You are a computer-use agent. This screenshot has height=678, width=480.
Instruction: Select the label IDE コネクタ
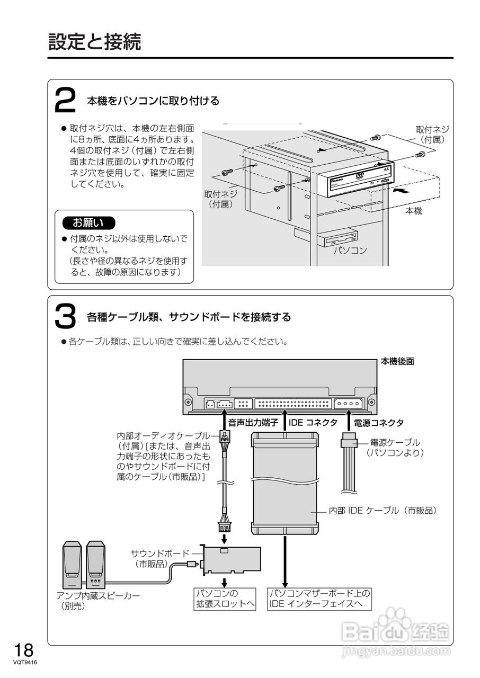coord(313,423)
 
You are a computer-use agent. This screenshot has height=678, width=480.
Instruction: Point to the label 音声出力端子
coord(253,423)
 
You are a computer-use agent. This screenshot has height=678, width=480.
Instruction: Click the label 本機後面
coord(397,361)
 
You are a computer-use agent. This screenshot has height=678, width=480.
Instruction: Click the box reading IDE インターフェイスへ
coord(320,599)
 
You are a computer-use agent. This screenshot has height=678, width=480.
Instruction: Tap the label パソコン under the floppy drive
coord(350,250)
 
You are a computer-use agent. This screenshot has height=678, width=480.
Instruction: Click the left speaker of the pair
coord(72,564)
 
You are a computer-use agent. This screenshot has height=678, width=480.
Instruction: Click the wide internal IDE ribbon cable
coord(285,482)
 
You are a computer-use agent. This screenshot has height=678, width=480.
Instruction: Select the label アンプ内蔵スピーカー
coord(98,596)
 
